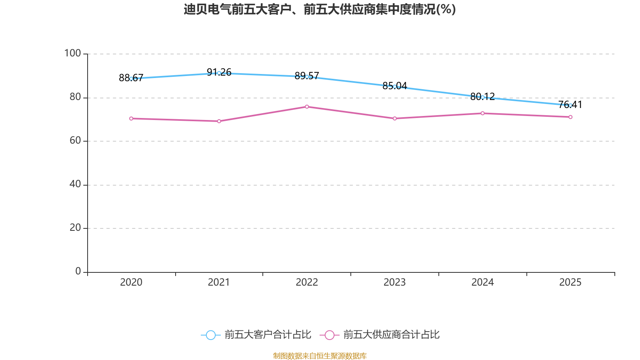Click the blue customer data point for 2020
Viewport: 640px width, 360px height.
(131, 79)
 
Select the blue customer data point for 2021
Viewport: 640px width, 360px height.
(219, 73)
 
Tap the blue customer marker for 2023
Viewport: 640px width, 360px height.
(395, 86)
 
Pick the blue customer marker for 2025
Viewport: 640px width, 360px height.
(570, 105)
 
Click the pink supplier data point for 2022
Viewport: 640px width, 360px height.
(307, 106)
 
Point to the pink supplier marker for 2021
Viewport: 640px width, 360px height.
(219, 121)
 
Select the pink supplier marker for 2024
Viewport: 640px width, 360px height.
(482, 113)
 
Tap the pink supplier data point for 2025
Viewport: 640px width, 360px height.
(570, 117)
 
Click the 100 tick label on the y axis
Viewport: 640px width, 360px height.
(72, 53)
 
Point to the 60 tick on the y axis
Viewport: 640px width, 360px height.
(75, 140)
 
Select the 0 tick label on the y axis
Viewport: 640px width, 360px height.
(78, 271)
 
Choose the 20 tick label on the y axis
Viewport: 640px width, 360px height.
(75, 228)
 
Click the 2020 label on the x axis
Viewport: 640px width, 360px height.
(131, 282)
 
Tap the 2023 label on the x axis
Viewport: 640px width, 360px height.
(395, 282)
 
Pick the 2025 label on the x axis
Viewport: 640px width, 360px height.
(570, 282)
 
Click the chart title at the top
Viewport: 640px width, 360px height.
(320, 9)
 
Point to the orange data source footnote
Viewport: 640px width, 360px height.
(320, 356)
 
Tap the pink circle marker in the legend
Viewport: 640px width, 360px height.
(329, 335)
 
